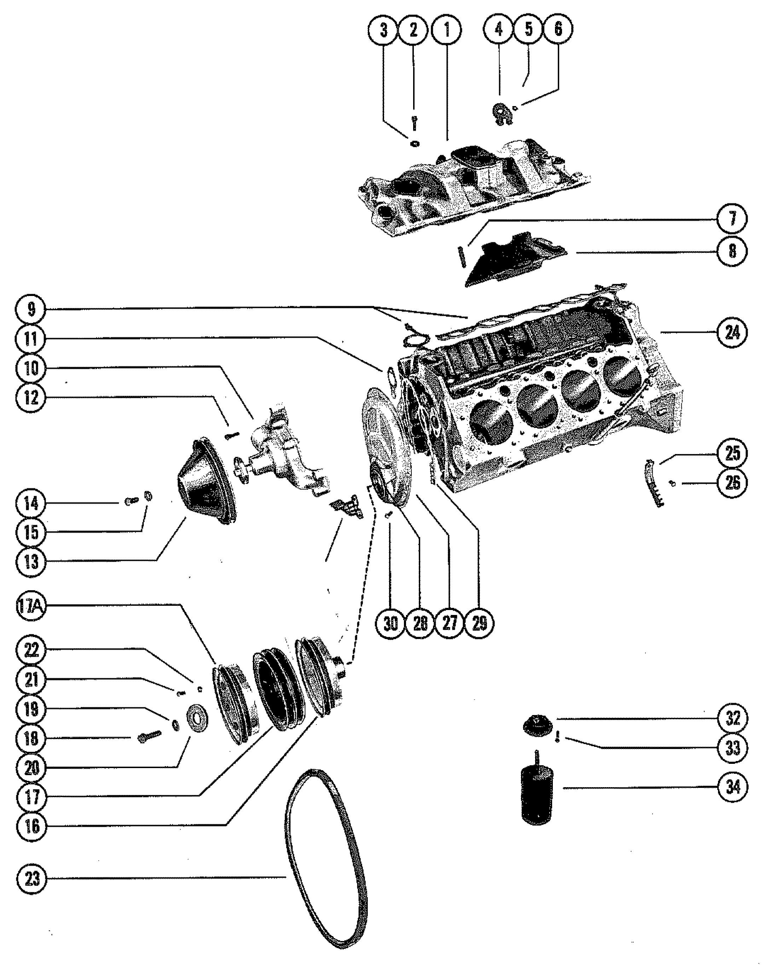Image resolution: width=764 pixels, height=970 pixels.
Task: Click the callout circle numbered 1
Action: point(447,30)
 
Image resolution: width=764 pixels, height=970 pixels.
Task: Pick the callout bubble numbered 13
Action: point(32,562)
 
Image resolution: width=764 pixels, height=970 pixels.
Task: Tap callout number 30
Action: point(390,623)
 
